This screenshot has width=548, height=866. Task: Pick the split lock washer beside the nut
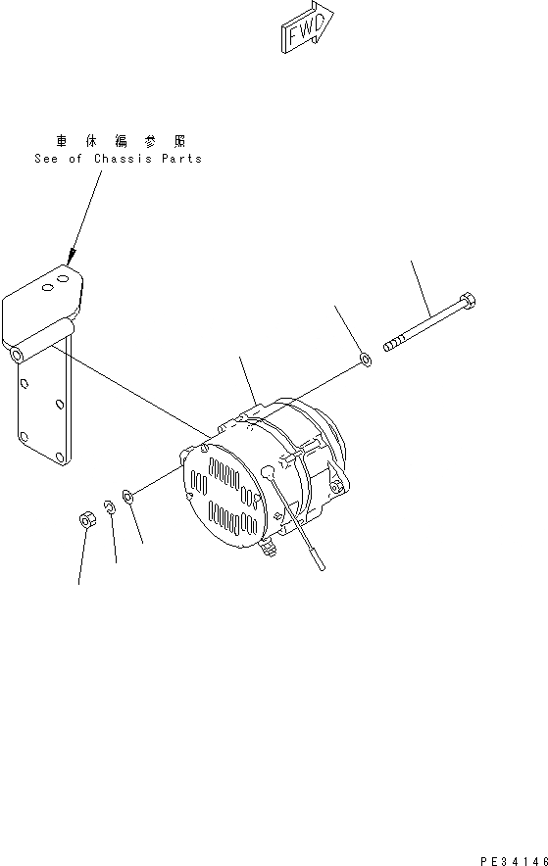tap(111, 508)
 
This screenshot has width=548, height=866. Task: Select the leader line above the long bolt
tap(423, 283)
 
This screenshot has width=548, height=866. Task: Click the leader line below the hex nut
tap(81, 559)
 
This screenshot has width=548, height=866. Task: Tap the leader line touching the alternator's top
tap(248, 377)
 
